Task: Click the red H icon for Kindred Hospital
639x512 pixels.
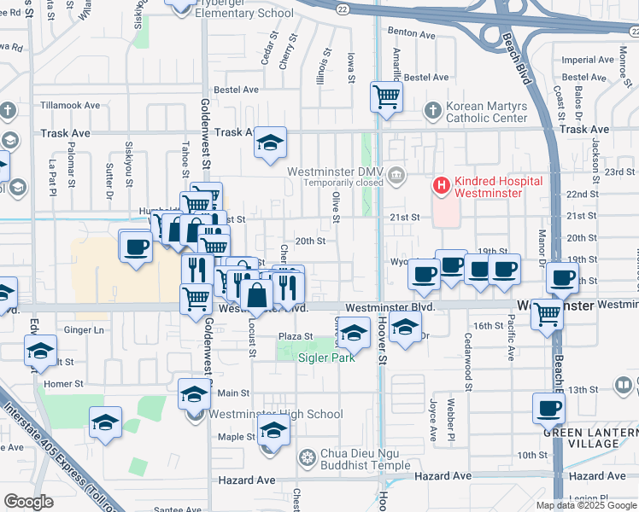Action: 442,184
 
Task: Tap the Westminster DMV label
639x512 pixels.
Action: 332,171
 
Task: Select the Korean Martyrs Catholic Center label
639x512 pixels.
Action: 486,112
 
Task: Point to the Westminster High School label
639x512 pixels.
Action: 276,415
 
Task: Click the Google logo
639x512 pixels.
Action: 28,502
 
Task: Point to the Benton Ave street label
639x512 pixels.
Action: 412,33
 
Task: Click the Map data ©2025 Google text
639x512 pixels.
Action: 585,505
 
